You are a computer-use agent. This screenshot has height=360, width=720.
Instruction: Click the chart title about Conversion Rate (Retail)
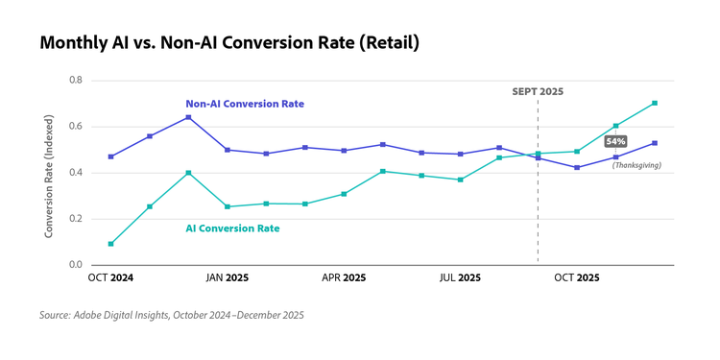click(x=229, y=43)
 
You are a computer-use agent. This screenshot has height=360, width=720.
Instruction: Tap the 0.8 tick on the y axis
click(x=76, y=80)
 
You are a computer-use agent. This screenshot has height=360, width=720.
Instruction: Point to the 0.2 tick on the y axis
click(x=76, y=219)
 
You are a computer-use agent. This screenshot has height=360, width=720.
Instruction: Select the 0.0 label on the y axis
click(x=76, y=265)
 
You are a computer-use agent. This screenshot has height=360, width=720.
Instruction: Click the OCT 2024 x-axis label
click(x=110, y=277)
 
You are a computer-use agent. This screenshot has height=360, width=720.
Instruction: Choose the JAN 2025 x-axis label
click(x=227, y=277)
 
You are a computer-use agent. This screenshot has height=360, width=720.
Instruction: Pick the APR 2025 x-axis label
click(x=343, y=277)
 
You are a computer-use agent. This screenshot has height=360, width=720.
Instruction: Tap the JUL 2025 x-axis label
click(x=460, y=277)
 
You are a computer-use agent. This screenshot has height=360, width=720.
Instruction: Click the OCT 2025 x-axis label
click(x=577, y=277)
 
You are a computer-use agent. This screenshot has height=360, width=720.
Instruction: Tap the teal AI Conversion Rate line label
click(x=232, y=228)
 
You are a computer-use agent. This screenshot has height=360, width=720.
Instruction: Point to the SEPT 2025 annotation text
click(x=538, y=91)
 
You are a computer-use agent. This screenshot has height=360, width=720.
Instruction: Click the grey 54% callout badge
click(x=615, y=141)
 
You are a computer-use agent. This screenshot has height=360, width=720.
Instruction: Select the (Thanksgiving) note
click(x=636, y=165)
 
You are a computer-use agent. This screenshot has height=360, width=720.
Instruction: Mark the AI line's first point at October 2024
click(x=110, y=244)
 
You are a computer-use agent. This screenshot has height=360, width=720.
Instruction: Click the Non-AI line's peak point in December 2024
click(x=188, y=117)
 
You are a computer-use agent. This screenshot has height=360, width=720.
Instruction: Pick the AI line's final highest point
click(x=655, y=103)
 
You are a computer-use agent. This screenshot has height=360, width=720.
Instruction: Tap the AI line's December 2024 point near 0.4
click(x=188, y=173)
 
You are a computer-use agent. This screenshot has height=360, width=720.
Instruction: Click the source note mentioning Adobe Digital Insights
click(x=172, y=315)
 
